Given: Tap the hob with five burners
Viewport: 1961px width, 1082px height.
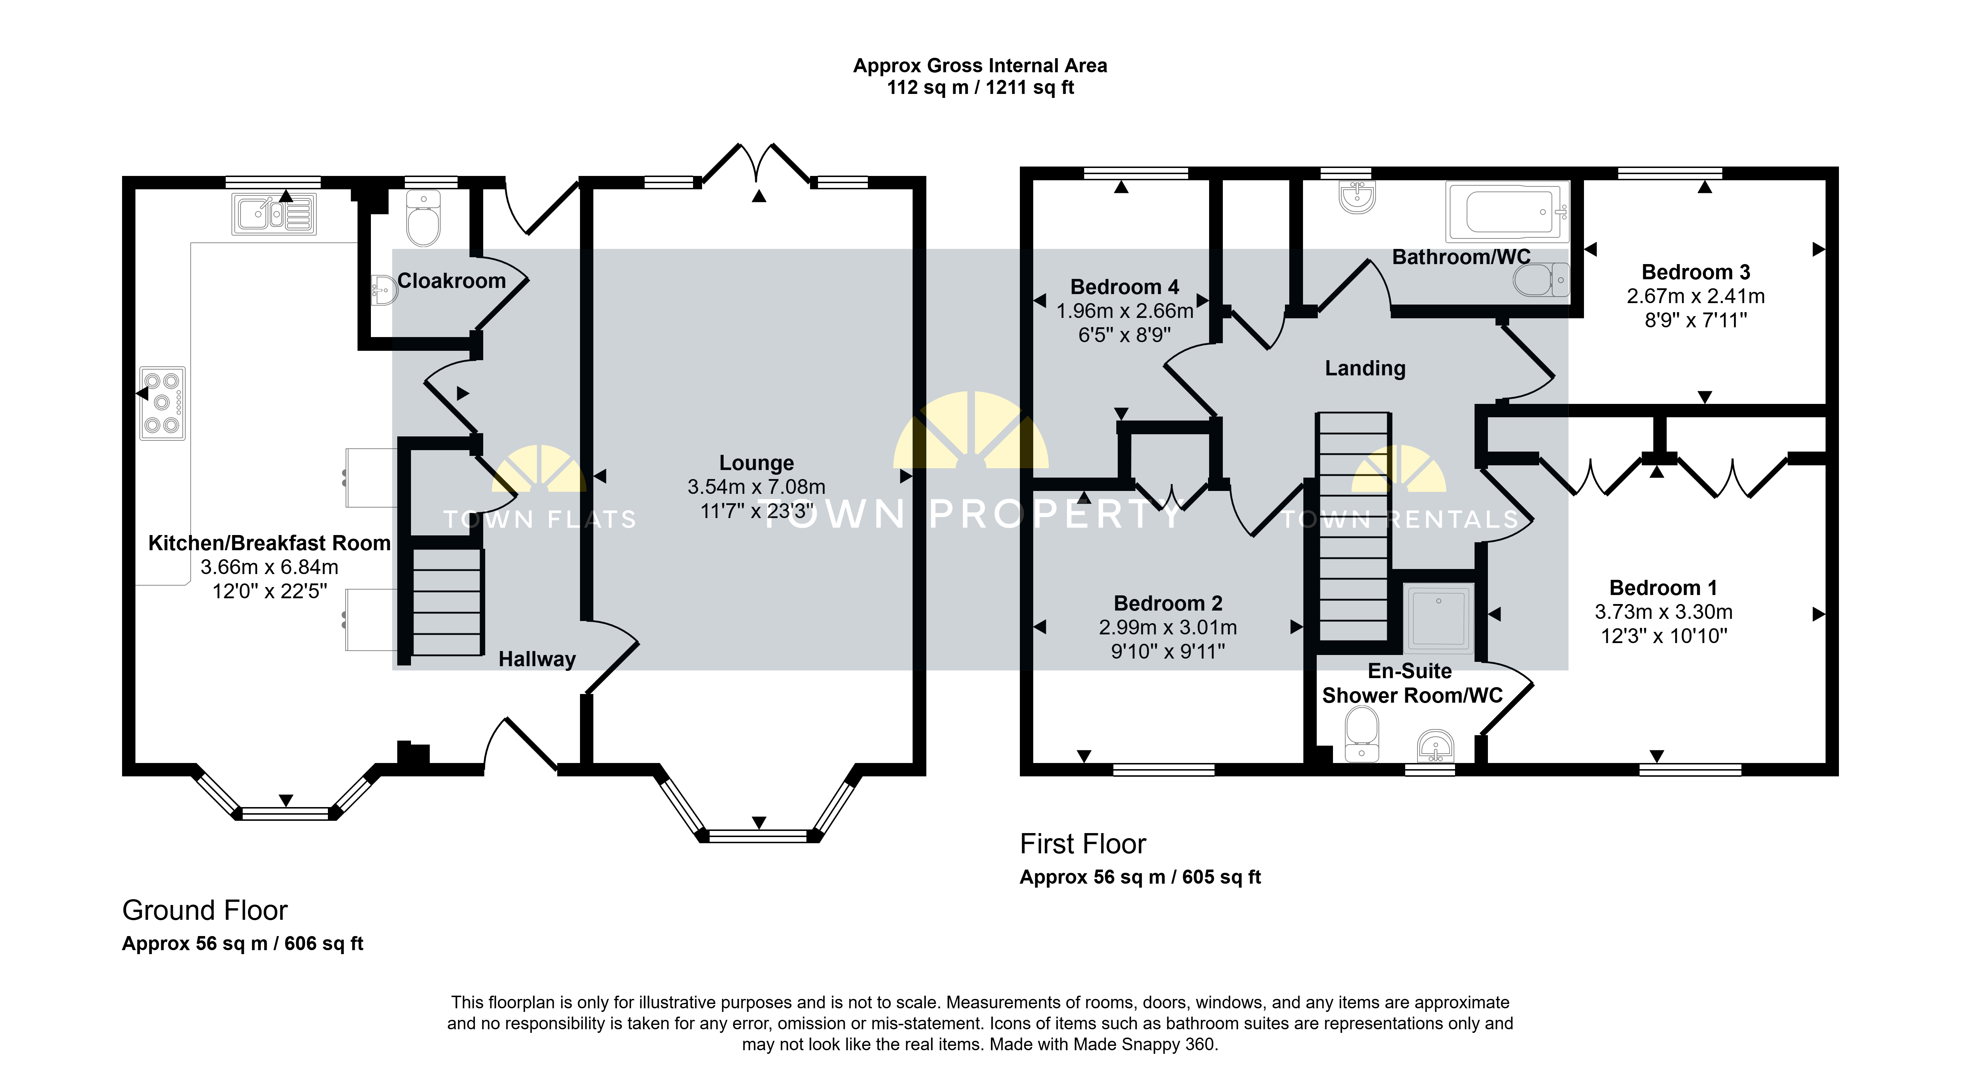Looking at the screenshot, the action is coord(162,403).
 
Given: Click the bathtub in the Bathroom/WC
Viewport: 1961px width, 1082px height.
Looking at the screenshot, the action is coord(1507,211).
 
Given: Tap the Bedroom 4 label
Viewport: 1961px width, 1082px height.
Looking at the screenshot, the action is coord(1124,287).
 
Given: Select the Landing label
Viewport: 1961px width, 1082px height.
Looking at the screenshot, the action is coord(1365,368).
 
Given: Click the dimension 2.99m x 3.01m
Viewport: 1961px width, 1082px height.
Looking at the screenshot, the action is coord(1168,628).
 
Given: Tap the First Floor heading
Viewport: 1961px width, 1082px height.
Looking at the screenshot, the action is coord(1082,844).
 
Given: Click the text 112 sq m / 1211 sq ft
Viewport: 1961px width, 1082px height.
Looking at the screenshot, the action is coord(980,87).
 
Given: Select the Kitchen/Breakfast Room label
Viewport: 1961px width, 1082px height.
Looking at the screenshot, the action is coord(269,543).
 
